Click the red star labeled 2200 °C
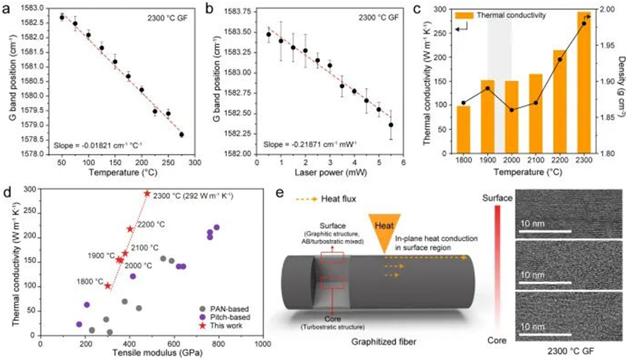click(x=130, y=229)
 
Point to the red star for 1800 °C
click(x=108, y=286)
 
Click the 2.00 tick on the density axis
click(x=606, y=9)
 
